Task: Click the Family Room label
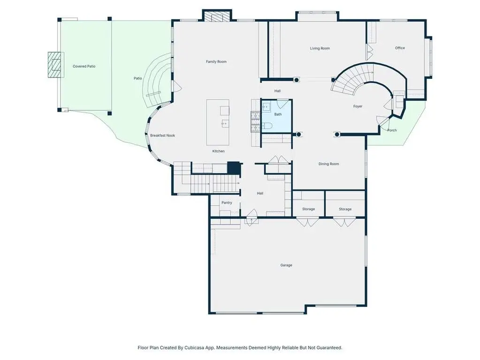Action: [216, 61]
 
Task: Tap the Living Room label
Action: [320, 48]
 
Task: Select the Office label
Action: [400, 48]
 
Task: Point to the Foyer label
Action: [358, 106]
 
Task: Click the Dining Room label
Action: [329, 164]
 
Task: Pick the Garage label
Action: [286, 265]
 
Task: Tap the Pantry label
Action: [227, 203]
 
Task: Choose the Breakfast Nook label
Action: [162, 135]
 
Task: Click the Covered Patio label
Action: [84, 66]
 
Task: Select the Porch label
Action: [392, 130]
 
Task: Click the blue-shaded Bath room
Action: [276, 115]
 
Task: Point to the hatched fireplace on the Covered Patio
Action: [56, 65]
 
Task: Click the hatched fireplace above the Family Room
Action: [217, 16]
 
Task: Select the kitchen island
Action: [218, 122]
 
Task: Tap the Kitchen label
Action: [219, 151]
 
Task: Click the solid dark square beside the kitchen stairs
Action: [234, 168]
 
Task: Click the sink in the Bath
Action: [267, 107]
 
